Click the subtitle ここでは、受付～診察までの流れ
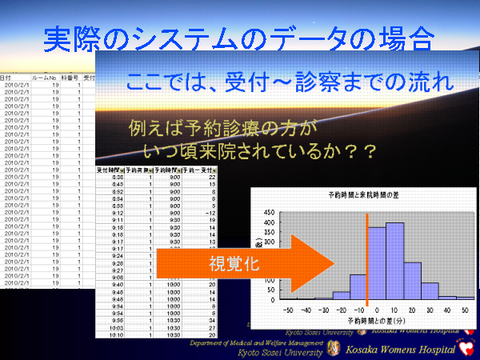(290, 82)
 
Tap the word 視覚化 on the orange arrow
(233, 265)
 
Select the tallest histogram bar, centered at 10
(394, 261)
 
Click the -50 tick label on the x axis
(286, 308)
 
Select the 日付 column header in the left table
(8, 78)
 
